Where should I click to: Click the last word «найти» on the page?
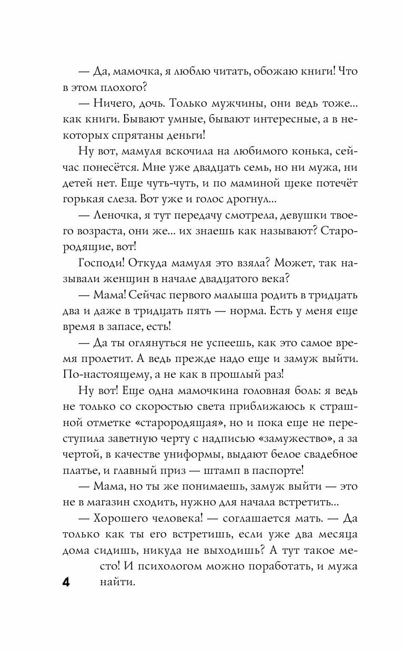coord(116,582)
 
